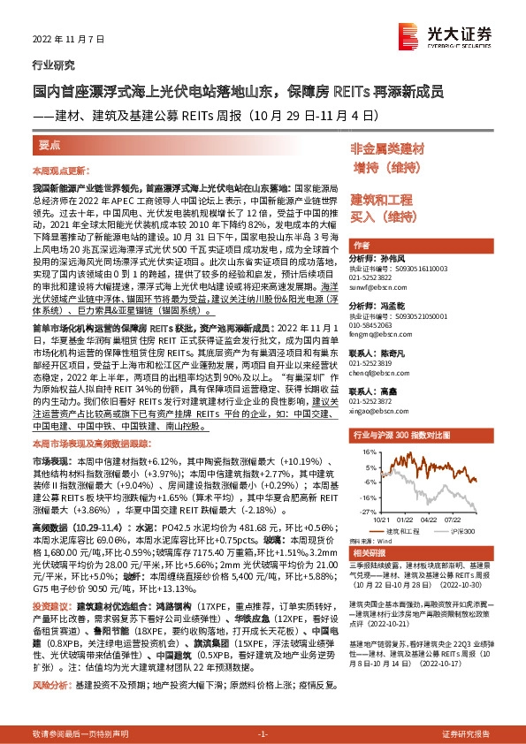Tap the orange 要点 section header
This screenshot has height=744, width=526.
(x=51, y=144)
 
